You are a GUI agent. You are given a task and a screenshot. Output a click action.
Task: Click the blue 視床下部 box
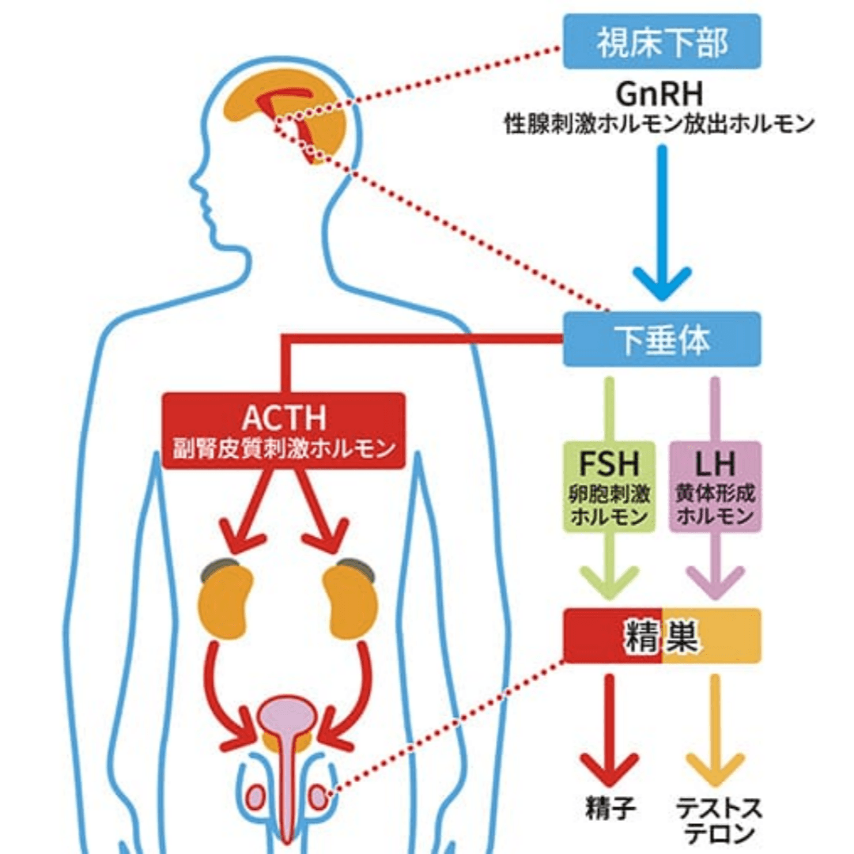pyautogui.click(x=662, y=41)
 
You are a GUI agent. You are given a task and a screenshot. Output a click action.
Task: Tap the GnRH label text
pyautogui.click(x=661, y=94)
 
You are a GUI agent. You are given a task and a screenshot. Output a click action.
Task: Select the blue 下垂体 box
pyautogui.click(x=662, y=339)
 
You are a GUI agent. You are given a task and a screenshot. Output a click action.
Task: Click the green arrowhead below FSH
pyautogui.click(x=608, y=581)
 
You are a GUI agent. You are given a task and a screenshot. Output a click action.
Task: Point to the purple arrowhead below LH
pyautogui.click(x=715, y=581)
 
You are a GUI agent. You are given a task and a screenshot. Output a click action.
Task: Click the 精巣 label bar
pyautogui.click(x=662, y=636)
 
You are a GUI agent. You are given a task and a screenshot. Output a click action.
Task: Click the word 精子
pyautogui.click(x=610, y=808)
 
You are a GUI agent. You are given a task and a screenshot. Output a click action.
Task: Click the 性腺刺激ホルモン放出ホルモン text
pyautogui.click(x=661, y=125)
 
